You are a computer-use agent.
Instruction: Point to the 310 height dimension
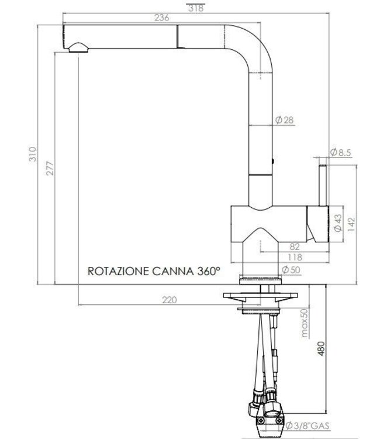click(33, 153)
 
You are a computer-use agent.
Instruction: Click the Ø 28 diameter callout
click(284, 120)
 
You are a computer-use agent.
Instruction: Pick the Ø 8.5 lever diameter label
click(340, 153)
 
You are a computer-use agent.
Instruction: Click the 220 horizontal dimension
click(168, 300)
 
